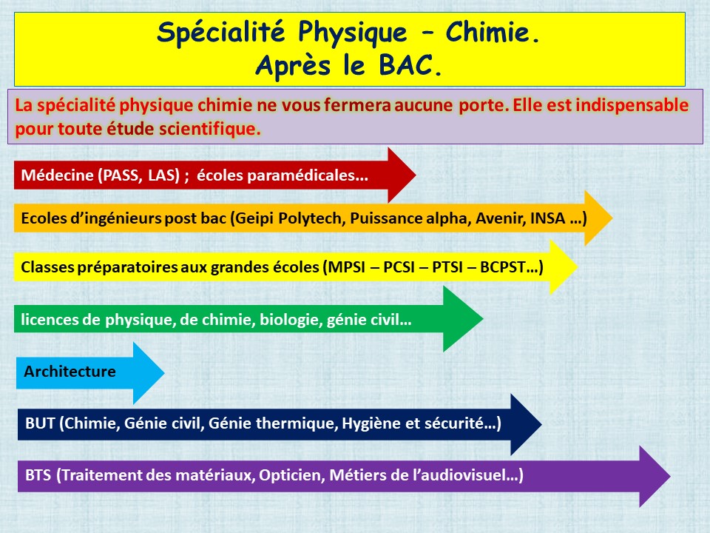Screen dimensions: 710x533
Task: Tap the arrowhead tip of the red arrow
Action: coord(416,175)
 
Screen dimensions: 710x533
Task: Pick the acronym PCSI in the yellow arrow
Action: coord(399,267)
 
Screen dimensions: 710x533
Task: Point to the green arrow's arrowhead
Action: coord(463,319)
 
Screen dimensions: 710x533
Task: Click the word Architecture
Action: coord(70,372)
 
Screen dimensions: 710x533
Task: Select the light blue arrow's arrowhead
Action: coord(149,373)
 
